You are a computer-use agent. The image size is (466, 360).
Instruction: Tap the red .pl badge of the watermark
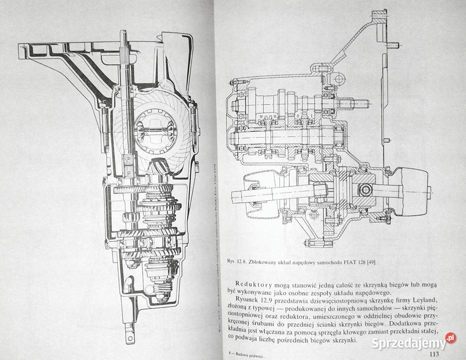click(x=451, y=338)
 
